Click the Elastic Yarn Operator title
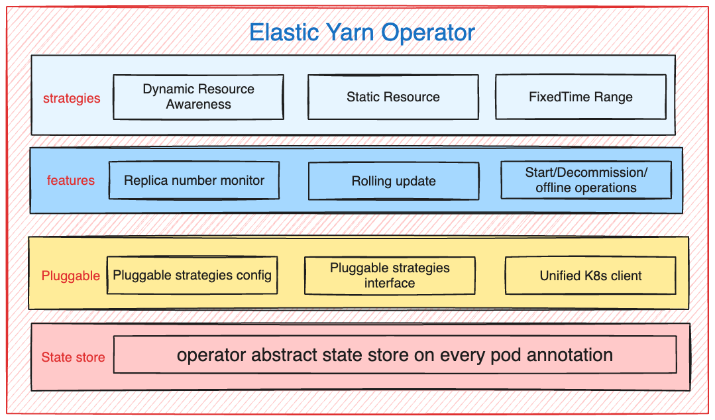pos(362,32)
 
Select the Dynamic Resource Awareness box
pos(198,97)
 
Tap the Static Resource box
pos(393,97)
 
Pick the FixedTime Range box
pos(580,97)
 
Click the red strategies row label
pos(72,98)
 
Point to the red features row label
pos(71,180)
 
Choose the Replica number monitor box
pos(194,180)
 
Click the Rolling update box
pos(394,181)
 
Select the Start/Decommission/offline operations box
pos(586,180)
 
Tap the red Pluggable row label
pos(71,276)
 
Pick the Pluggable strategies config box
pos(192,275)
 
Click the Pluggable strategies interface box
pos(390,276)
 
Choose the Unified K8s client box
pos(590,276)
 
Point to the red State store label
pos(73,357)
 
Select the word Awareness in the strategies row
pos(198,104)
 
